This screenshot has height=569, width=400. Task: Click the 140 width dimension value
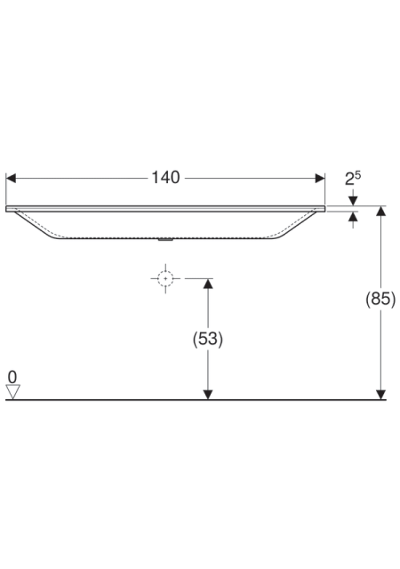pyautogui.click(x=165, y=178)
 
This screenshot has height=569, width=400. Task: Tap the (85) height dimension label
pyautogui.click(x=380, y=299)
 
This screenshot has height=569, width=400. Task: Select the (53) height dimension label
pyautogui.click(x=208, y=339)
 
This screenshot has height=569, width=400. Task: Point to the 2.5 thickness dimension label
pyautogui.click(x=353, y=179)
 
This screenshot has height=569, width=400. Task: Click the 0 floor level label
pyautogui.click(x=12, y=377)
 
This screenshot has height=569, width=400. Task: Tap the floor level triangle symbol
pyautogui.click(x=12, y=392)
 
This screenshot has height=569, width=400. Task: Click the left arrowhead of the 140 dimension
pyautogui.click(x=11, y=178)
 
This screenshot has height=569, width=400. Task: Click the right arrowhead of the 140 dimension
pyautogui.click(x=320, y=178)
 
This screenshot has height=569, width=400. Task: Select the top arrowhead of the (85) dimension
pyautogui.click(x=380, y=211)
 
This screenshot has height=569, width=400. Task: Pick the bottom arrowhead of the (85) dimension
pyautogui.click(x=380, y=395)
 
